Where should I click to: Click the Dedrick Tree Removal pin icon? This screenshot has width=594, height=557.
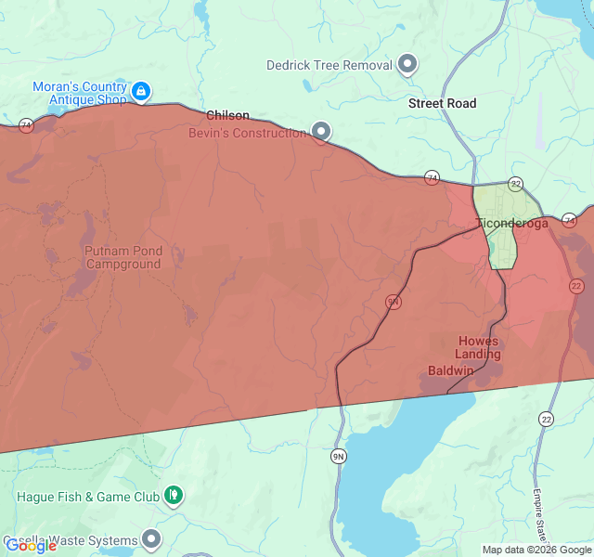(x=407, y=65)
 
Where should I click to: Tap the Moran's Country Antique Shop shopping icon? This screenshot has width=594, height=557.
(x=140, y=91)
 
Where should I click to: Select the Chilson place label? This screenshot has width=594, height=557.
(x=227, y=115)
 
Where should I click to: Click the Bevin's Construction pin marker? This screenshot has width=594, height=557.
(x=321, y=132)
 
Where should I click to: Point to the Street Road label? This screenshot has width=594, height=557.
(x=442, y=103)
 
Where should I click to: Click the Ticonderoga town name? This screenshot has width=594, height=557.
(x=511, y=223)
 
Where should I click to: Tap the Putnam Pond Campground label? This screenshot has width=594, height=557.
(x=123, y=257)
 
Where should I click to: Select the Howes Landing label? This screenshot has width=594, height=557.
(x=478, y=347)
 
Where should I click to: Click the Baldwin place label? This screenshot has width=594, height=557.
(x=451, y=370)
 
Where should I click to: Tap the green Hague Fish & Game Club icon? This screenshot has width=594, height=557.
(x=173, y=496)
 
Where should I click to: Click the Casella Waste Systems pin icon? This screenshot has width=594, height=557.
(x=151, y=539)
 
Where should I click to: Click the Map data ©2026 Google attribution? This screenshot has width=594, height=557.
(x=536, y=550)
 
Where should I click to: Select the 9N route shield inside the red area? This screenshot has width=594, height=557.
(x=394, y=302)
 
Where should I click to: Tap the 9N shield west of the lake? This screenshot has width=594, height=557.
(x=340, y=456)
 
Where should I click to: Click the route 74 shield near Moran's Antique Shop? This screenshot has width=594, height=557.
(x=26, y=125)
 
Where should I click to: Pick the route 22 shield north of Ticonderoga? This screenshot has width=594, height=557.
(x=515, y=184)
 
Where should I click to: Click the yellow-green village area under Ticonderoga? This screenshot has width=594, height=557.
(x=502, y=246)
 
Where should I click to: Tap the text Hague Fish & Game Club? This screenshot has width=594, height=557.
(x=88, y=497)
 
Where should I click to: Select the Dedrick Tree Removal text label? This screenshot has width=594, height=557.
(x=329, y=65)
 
